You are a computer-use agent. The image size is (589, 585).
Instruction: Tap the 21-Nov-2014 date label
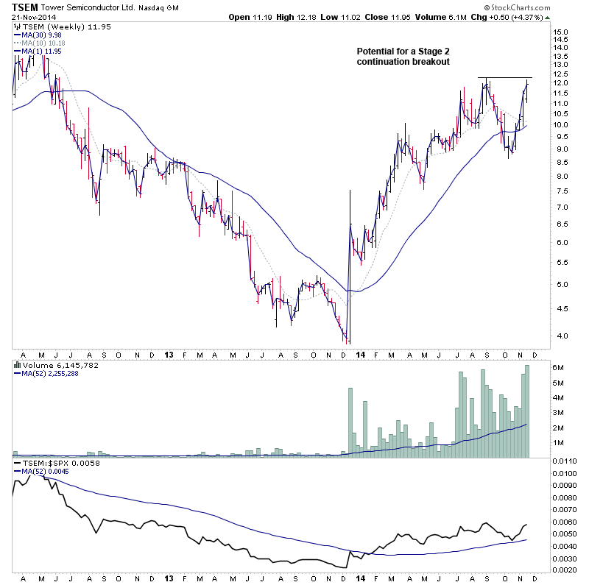point(32,17)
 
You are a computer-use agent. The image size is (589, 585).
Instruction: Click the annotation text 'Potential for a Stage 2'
point(401,52)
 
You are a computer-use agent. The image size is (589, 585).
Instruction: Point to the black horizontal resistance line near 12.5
point(504,77)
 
